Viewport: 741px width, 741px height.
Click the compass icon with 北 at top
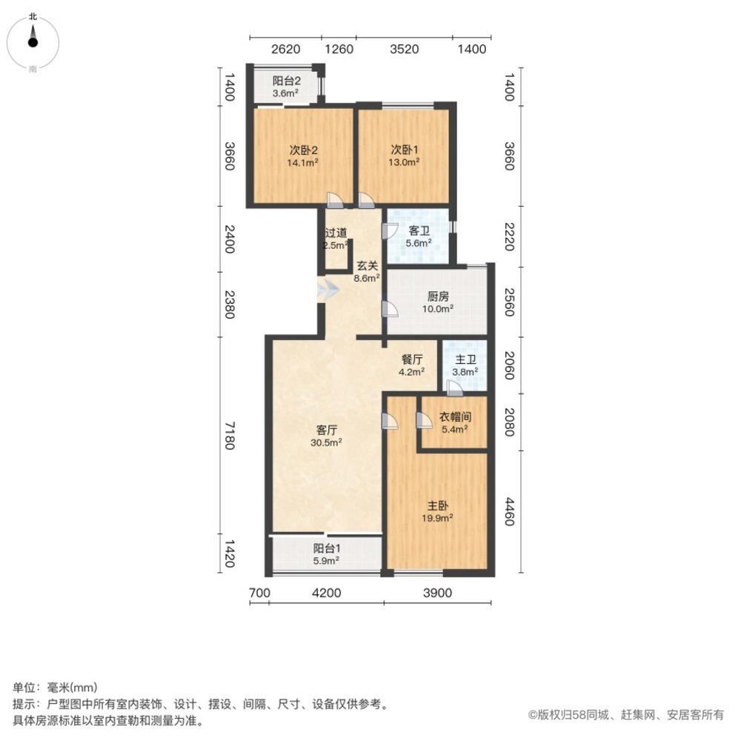[x=33, y=41]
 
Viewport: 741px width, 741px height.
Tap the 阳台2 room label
[x=285, y=81]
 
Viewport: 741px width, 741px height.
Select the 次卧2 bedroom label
[x=304, y=148]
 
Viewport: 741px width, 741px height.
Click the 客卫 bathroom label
[x=419, y=231]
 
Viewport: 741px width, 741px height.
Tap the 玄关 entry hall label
[x=367, y=265]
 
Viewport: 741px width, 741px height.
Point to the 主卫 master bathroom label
[x=465, y=359]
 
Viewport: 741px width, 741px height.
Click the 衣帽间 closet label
[x=454, y=416]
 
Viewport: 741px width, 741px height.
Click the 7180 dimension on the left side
[x=230, y=435]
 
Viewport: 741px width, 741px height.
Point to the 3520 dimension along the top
[x=405, y=50]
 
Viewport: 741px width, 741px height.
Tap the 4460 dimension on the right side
[x=509, y=511]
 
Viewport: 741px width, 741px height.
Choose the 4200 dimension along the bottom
[x=326, y=592]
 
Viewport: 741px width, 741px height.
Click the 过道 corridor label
[x=335, y=231]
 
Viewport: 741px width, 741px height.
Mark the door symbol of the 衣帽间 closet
[x=424, y=421]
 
